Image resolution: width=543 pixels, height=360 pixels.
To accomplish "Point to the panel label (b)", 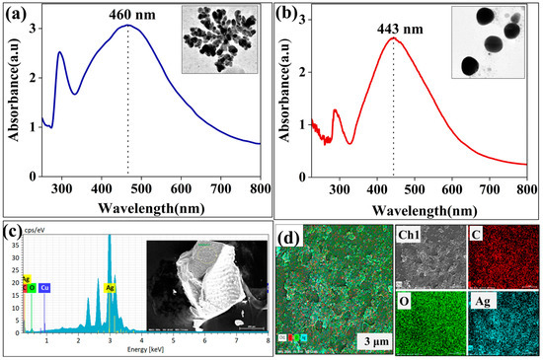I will point(292,15).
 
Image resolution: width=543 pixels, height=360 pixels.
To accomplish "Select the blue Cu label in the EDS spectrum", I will point(44,289).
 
